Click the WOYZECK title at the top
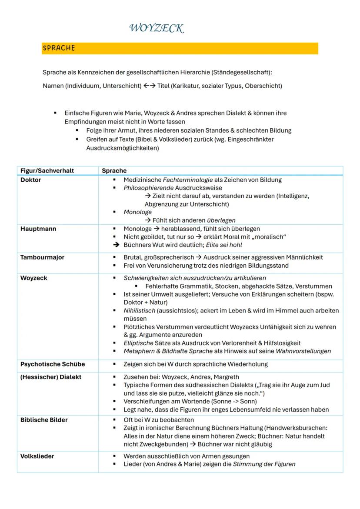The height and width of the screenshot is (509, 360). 157,29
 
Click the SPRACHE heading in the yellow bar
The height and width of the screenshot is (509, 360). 59,48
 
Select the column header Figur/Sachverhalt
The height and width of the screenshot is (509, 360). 47,171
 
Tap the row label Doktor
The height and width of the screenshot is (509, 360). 30,180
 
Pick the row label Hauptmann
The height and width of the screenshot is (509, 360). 38,229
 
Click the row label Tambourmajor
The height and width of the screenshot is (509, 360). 42,257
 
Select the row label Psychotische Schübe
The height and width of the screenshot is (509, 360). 53,364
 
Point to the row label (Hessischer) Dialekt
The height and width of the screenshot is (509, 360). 51,377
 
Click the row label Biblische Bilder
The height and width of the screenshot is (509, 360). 44,420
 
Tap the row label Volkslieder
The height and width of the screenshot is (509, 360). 37,456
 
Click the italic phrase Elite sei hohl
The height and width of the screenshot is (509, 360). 227,245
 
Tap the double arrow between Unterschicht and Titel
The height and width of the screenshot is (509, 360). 148,86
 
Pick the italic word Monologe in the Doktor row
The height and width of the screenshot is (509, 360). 138,212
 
